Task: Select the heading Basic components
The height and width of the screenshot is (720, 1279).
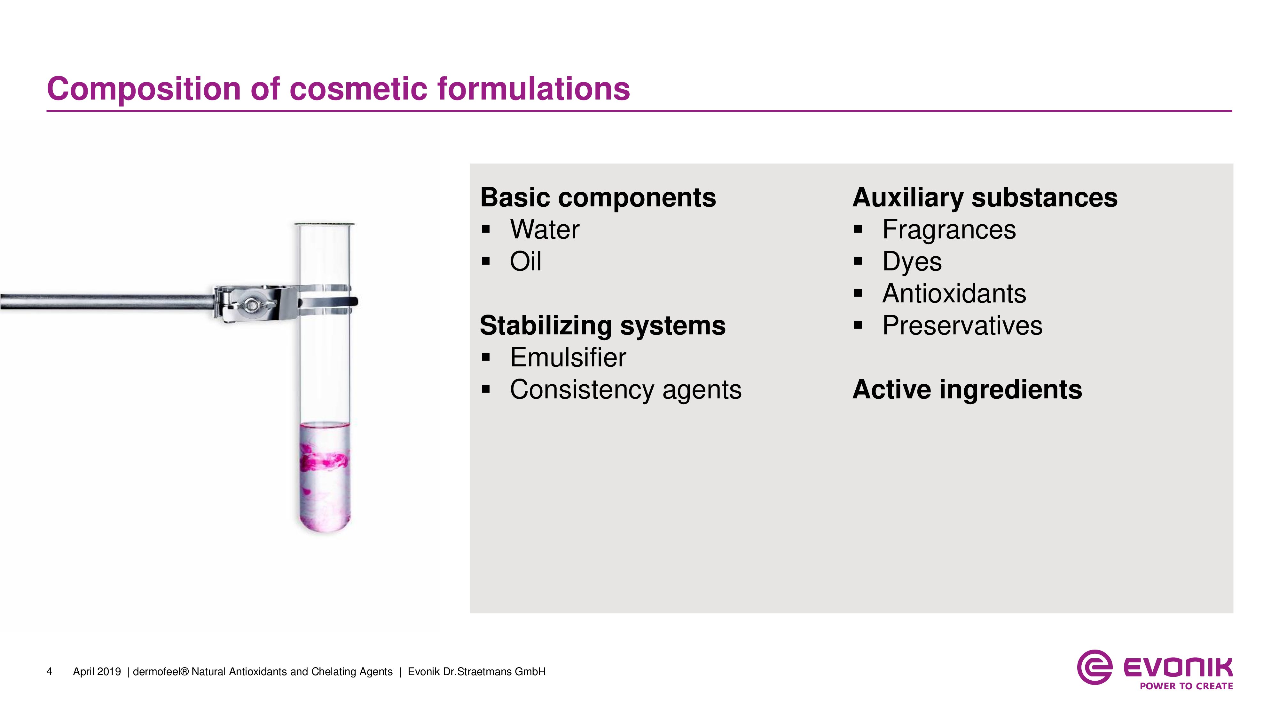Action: [x=598, y=198]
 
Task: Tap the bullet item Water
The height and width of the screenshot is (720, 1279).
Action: [x=544, y=229]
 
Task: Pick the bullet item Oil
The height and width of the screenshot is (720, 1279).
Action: [x=525, y=261]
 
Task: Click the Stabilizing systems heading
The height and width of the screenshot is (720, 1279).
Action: [x=603, y=326]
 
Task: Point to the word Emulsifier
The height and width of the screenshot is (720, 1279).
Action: [x=568, y=358]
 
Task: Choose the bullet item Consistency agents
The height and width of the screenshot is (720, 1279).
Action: [x=626, y=389]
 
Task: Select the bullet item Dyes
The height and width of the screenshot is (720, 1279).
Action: [x=912, y=262]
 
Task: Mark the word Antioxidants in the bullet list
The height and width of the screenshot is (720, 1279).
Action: [x=954, y=294]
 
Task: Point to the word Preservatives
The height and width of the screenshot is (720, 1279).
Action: [x=962, y=326]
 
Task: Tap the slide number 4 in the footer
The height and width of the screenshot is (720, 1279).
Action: [x=49, y=672]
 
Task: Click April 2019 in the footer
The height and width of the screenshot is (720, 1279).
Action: [x=97, y=672]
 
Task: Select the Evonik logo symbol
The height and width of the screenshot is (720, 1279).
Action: [x=1094, y=667]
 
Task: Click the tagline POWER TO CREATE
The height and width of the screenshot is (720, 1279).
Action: [x=1186, y=686]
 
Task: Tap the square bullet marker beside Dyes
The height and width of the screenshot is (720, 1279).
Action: [x=858, y=261]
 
